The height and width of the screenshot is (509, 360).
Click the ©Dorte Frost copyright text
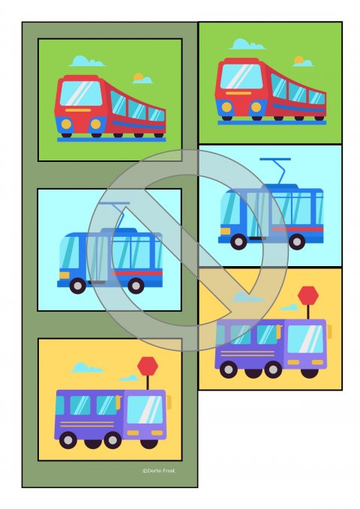click(158, 471)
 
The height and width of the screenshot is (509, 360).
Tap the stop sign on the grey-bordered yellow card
click(148, 367)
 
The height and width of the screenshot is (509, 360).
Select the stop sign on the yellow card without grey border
click(307, 295)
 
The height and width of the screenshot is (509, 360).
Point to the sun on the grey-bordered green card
click(138, 76)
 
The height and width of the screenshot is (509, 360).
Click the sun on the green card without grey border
click(299, 60)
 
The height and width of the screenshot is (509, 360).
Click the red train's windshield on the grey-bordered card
click(80, 94)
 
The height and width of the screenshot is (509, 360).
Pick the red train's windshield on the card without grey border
click(240, 76)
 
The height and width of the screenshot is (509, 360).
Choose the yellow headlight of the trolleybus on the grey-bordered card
click(64, 275)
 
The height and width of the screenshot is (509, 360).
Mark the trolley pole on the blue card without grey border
click(274, 169)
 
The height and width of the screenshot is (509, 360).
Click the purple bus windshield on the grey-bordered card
click(145, 409)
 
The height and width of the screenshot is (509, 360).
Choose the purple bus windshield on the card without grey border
click(306, 339)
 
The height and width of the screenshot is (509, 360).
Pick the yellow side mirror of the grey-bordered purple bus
click(169, 402)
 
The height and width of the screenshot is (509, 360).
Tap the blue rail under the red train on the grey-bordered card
click(111, 139)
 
